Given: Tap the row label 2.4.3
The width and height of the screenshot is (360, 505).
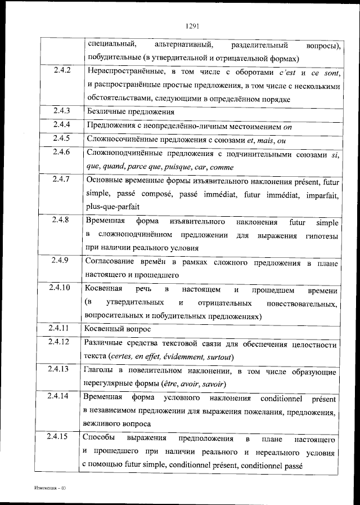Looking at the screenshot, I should point(62,111).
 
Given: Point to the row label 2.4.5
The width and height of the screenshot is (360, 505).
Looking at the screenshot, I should point(62,138).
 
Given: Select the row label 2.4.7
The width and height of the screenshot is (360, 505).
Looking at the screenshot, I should point(61,180).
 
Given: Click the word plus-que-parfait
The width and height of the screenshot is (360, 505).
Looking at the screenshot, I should point(110,207).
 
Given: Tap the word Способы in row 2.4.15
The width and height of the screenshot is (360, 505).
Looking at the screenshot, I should point(99,438).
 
